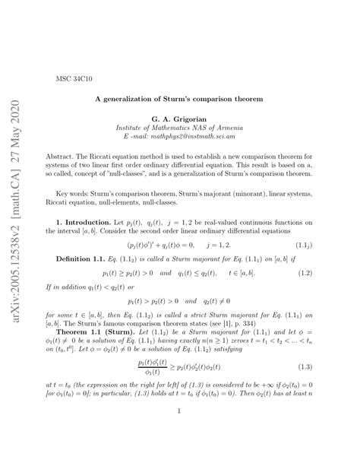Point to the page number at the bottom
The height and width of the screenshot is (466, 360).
click(179, 434)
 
